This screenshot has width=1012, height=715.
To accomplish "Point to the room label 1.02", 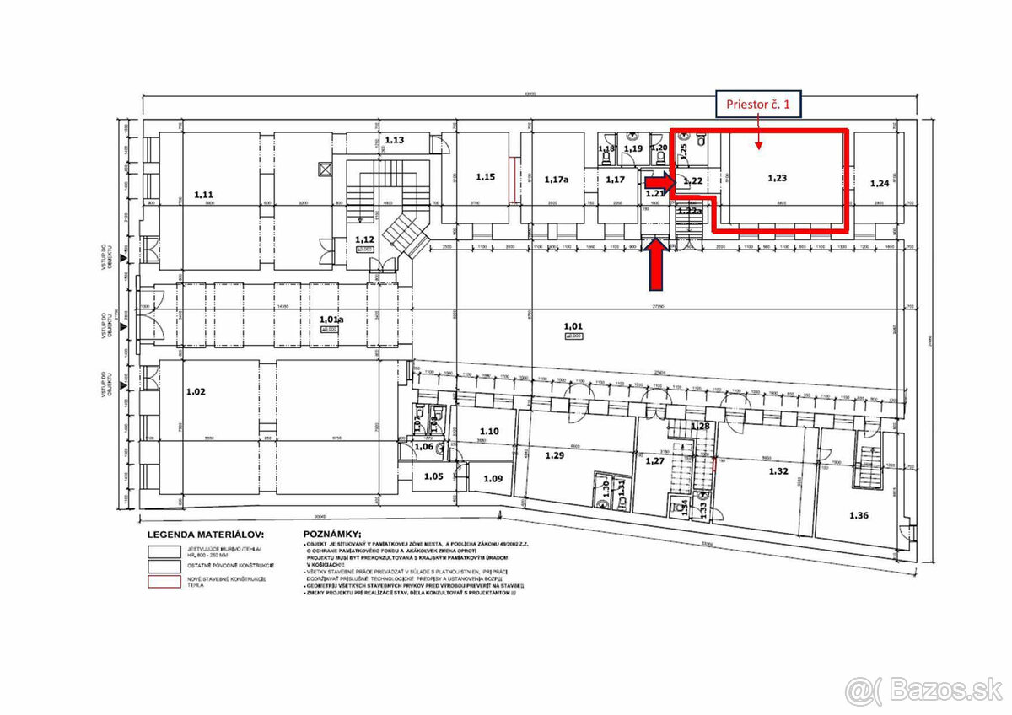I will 196,391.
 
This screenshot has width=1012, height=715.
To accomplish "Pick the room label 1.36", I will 859,515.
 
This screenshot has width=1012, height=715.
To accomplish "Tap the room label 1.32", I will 778,472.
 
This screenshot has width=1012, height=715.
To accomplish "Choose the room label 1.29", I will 554,455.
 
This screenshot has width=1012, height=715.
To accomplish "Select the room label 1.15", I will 485,176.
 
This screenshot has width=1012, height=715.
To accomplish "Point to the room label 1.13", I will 395,140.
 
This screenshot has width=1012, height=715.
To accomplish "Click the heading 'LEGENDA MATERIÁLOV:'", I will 206,535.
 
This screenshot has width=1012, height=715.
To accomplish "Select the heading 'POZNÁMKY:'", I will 331,535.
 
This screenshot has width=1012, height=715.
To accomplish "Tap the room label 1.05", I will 433,476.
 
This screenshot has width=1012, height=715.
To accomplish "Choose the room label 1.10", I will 489,431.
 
